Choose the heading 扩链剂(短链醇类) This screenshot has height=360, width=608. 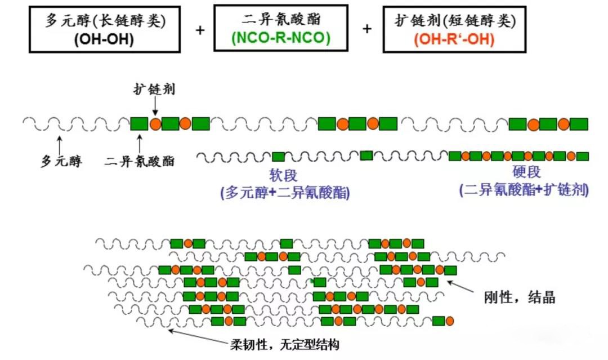455,21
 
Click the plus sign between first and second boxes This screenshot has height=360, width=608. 200,29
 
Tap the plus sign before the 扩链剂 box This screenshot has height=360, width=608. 366,29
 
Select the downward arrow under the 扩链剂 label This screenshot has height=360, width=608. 155,106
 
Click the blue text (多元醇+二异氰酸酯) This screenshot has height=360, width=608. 285,193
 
